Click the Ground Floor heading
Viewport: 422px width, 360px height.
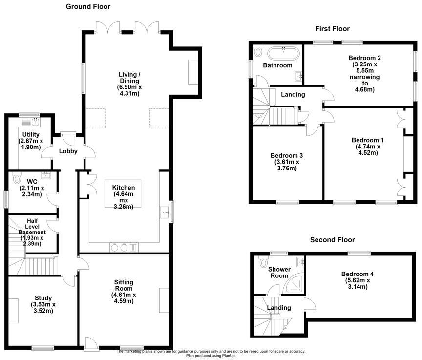pyautogui.click(x=88, y=7)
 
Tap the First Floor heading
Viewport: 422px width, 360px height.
pyautogui.click(x=332, y=29)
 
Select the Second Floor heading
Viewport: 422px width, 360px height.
pyautogui.click(x=332, y=240)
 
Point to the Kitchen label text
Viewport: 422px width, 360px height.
pyautogui.click(x=124, y=188)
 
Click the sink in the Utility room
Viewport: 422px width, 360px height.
pyautogui.click(x=35, y=121)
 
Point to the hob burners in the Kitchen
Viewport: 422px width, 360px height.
pyautogui.click(x=118, y=247)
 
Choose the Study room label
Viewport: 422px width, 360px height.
pyautogui.click(x=43, y=298)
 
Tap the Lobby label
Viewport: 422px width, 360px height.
pyautogui.click(x=68, y=151)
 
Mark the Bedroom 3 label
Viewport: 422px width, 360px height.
pyautogui.click(x=284, y=156)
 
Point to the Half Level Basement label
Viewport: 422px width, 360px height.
pyautogui.click(x=32, y=226)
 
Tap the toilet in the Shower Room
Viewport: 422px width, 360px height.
pyautogui.click(x=264, y=260)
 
